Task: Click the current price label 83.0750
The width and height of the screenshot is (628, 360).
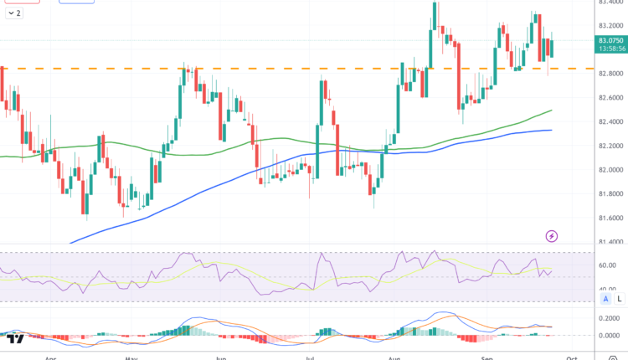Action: (610, 39)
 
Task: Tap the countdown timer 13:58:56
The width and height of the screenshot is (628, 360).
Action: (610, 49)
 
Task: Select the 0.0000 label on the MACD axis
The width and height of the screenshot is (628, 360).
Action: (608, 336)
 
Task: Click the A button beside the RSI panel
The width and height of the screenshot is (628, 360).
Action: (605, 298)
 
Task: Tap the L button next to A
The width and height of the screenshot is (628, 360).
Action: (620, 298)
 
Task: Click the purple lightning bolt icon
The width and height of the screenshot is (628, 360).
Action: (552, 237)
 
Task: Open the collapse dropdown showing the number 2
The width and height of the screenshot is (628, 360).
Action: (14, 14)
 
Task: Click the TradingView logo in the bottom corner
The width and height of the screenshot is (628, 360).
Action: (14, 338)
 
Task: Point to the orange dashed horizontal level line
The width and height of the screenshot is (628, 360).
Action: (251, 68)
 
